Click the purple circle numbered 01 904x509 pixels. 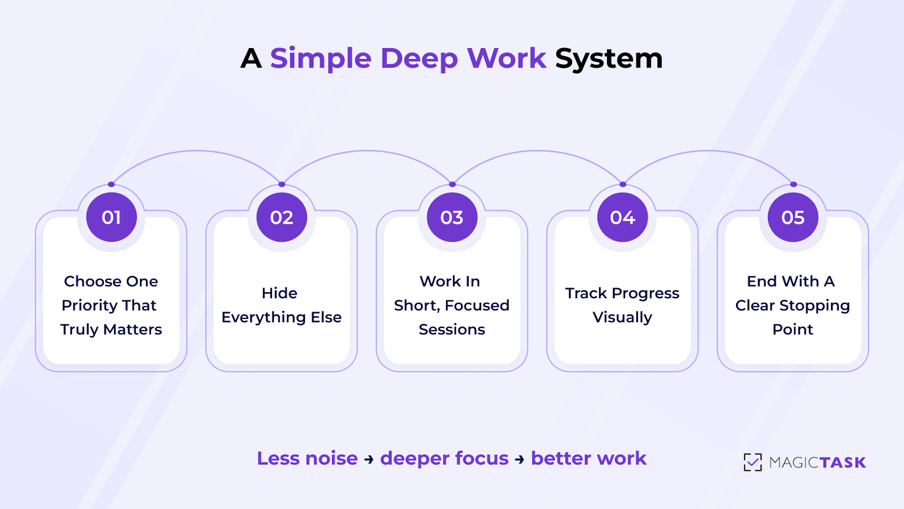click(x=111, y=217)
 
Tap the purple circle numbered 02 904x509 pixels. click(x=281, y=217)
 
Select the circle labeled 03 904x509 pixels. click(x=452, y=217)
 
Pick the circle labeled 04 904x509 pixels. click(x=622, y=217)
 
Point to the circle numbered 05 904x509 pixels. click(x=793, y=217)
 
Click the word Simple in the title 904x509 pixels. click(x=320, y=59)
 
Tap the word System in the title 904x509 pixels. click(x=608, y=59)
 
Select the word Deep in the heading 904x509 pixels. click(x=418, y=59)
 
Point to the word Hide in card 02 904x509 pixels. click(x=279, y=293)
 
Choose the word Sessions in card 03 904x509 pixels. click(x=452, y=329)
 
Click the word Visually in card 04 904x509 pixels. click(x=622, y=317)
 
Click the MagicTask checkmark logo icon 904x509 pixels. click(x=752, y=462)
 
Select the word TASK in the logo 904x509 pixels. click(x=842, y=462)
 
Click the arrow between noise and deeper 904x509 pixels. click(x=369, y=459)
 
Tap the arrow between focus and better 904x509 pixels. click(x=519, y=459)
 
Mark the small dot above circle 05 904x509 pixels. click(x=793, y=184)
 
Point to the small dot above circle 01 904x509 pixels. click(x=111, y=184)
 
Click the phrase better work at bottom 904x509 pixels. click(x=588, y=458)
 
